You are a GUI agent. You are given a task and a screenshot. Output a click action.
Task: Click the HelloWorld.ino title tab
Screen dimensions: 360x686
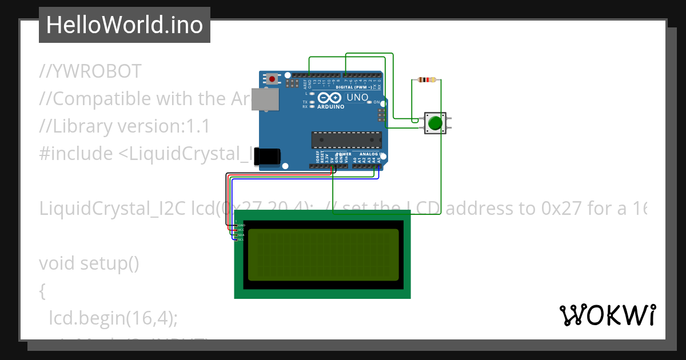(x=125, y=25)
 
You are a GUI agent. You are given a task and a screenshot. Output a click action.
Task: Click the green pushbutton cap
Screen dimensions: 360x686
(x=435, y=123)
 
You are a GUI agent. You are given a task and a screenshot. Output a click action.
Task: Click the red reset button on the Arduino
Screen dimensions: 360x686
(x=273, y=78)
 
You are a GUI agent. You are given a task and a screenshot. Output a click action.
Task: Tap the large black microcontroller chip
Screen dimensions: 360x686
(x=346, y=139)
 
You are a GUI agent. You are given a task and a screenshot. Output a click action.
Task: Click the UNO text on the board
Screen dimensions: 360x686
(x=358, y=98)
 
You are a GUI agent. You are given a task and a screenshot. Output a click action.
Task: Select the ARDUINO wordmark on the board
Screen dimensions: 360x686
(x=331, y=107)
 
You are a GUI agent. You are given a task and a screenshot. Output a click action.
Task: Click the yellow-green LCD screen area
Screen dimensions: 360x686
(x=323, y=255)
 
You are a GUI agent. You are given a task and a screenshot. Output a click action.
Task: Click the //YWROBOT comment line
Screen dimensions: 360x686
(x=90, y=71)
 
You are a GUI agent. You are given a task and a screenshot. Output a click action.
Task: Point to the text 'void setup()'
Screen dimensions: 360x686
(x=89, y=263)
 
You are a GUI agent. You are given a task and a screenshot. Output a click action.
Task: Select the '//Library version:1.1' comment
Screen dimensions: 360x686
(x=124, y=126)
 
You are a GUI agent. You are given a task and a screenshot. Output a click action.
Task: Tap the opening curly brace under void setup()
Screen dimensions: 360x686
(x=42, y=291)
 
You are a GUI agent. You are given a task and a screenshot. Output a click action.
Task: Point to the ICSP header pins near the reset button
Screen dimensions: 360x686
(x=292, y=84)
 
